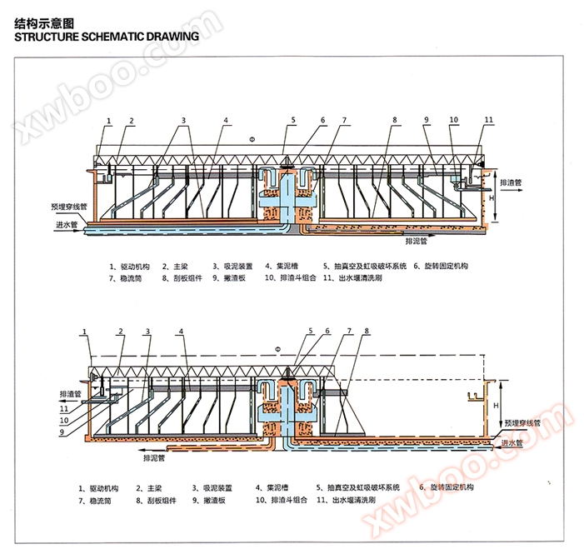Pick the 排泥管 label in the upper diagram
click(x=416, y=242)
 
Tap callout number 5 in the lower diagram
click(x=310, y=331)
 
